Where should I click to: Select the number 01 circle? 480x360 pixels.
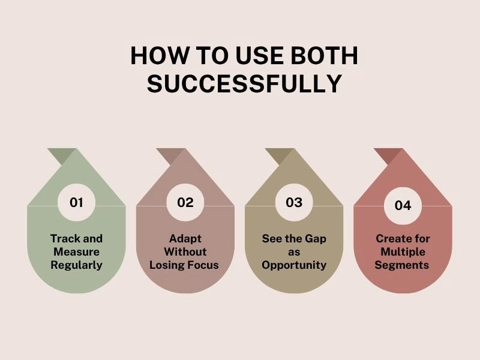click(76, 202)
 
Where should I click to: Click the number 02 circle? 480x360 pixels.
click(185, 202)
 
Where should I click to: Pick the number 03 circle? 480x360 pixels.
click(294, 202)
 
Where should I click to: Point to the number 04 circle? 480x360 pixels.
click(403, 205)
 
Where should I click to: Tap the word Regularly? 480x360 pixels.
click(76, 265)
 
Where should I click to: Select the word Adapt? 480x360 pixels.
click(185, 238)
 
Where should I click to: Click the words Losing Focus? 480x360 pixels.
click(185, 265)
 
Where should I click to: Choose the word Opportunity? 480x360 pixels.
click(294, 265)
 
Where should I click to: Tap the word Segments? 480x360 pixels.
click(403, 265)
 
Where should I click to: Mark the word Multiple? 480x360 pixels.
click(403, 251)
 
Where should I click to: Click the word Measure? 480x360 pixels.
click(76, 251)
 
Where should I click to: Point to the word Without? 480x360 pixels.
click(185, 251)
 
